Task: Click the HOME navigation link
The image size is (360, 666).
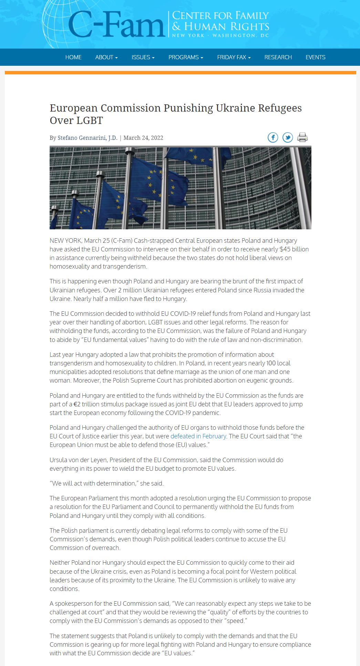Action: (x=73, y=57)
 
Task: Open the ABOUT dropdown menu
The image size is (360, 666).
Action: (x=106, y=57)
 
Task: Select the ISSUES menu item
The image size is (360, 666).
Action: (x=143, y=57)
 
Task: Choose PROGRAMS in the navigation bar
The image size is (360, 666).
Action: (x=186, y=57)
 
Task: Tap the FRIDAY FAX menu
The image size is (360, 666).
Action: (x=234, y=57)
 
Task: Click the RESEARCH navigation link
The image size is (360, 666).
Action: (x=278, y=57)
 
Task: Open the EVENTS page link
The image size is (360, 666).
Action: (x=315, y=57)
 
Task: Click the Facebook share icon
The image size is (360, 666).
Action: (x=273, y=137)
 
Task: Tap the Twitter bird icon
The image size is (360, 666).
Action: (x=288, y=137)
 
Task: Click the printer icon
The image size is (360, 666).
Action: (x=302, y=137)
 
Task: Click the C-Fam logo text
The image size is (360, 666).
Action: (x=116, y=25)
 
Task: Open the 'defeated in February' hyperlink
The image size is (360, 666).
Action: (x=198, y=436)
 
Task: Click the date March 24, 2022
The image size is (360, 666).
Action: (x=143, y=138)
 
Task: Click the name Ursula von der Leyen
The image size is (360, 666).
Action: (x=78, y=460)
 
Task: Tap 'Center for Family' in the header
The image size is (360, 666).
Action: (x=220, y=15)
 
